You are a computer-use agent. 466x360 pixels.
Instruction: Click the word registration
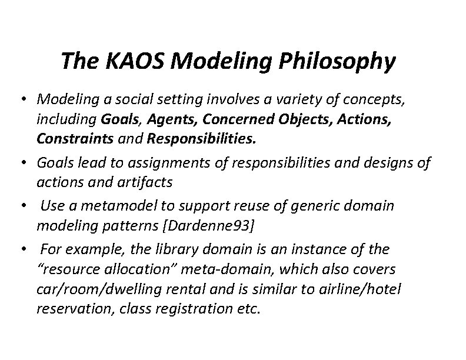coord(184,309)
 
